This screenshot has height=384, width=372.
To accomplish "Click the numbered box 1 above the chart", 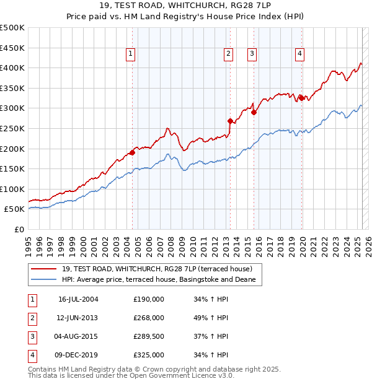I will point(131,55).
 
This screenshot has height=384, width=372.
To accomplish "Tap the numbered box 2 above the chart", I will point(229,55).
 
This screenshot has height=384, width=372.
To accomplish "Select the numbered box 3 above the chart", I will point(253,55).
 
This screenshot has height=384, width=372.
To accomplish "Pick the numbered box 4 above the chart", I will point(299,55).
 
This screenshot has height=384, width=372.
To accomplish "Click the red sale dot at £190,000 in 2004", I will point(132,152).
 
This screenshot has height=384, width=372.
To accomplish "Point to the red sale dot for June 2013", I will point(230,121).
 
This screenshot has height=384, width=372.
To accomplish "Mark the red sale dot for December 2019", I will point(301,97).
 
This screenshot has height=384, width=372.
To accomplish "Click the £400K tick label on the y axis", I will point(12,68).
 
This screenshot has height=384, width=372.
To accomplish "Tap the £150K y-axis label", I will point(12,168).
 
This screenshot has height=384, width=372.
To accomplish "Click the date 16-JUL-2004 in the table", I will point(78,299).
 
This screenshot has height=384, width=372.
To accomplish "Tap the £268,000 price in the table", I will point(149,318).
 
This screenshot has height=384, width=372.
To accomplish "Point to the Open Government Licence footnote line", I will point(131,376).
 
